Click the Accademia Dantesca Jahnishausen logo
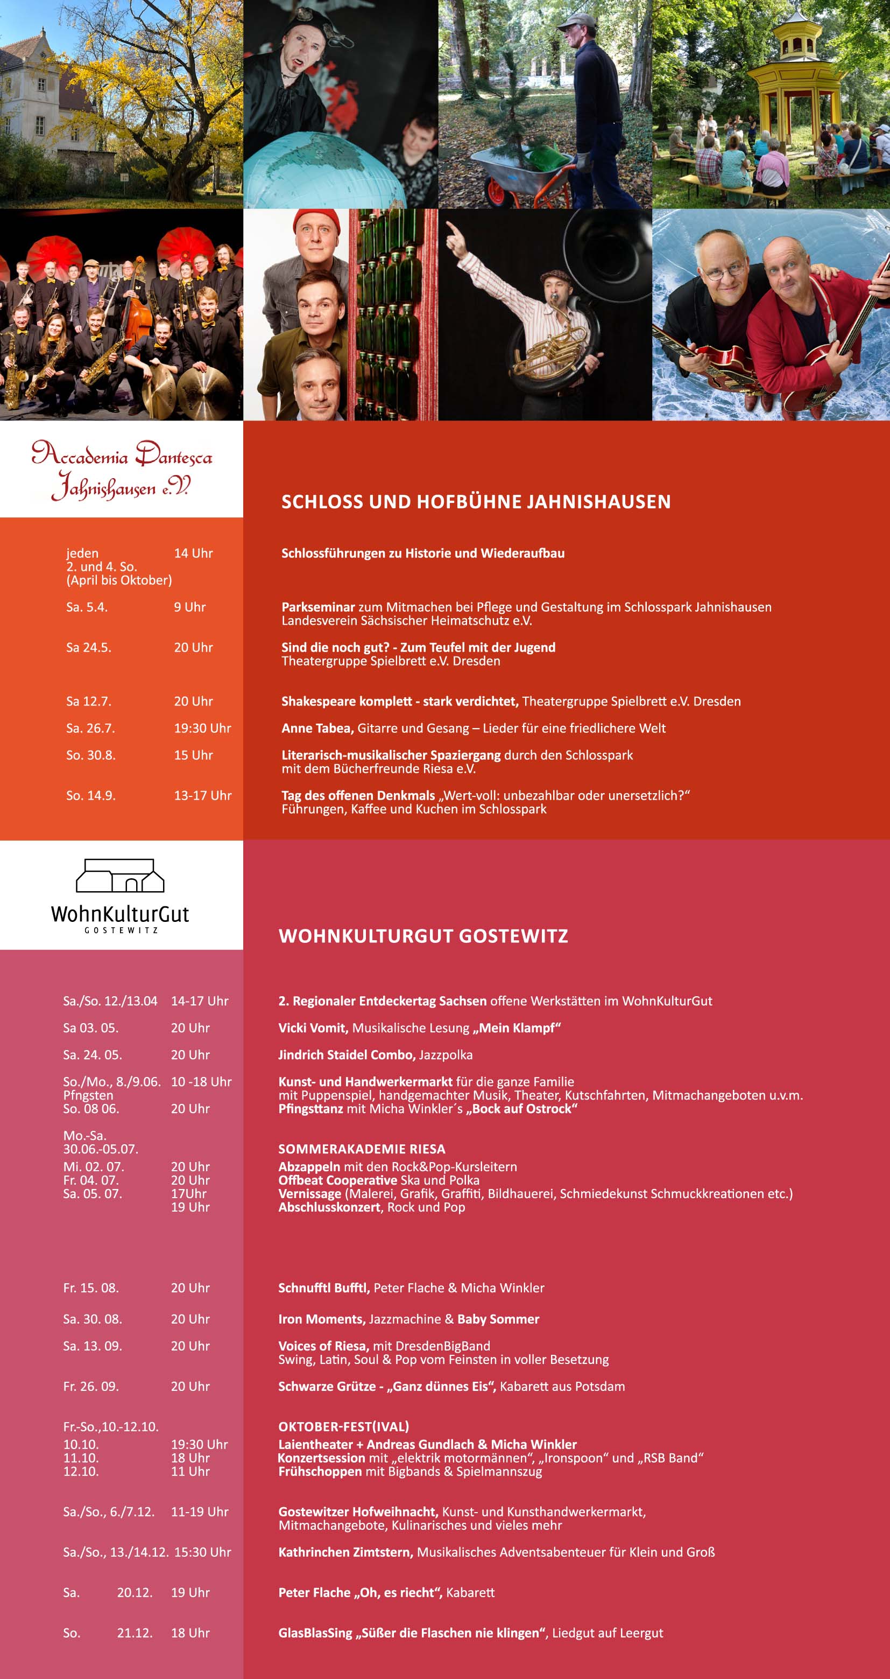[122, 469]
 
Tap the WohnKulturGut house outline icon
[120, 876]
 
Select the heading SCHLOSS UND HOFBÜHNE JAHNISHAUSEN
[476, 501]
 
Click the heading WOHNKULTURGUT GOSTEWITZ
[423, 936]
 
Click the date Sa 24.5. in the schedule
[89, 647]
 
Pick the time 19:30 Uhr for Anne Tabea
[202, 728]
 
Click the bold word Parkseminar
[318, 607]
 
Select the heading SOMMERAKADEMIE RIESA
[362, 1149]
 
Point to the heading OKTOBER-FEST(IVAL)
[343, 1427]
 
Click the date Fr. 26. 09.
[90, 1387]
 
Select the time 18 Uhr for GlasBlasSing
[190, 1633]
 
